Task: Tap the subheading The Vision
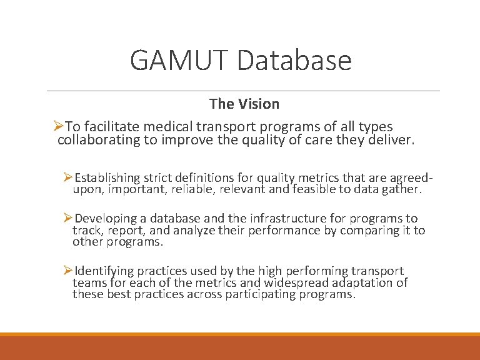pyautogui.click(x=244, y=104)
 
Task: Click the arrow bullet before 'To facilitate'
pyautogui.click(x=58, y=127)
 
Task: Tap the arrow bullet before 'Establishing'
pyautogui.click(x=68, y=179)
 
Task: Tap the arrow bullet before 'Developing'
pyautogui.click(x=68, y=218)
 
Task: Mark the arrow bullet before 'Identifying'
pyautogui.click(x=68, y=271)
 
